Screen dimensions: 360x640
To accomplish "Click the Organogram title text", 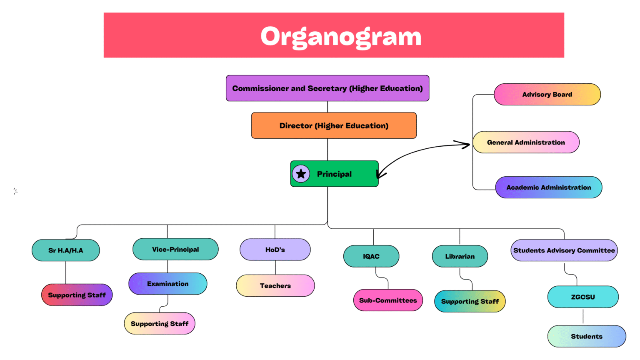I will (x=341, y=36).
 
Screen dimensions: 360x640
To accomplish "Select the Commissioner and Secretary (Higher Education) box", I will (x=327, y=88).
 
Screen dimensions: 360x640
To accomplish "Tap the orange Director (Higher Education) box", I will (x=334, y=125).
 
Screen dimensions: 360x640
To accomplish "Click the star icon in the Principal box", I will (x=301, y=174).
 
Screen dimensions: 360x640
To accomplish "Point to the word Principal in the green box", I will (x=334, y=174).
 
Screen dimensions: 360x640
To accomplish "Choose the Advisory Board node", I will (x=547, y=95).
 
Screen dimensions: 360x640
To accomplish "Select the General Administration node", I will (x=526, y=142).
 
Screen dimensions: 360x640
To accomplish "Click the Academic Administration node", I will (x=548, y=187).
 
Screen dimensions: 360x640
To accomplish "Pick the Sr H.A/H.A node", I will (x=66, y=250).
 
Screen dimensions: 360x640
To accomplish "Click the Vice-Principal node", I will (x=175, y=249).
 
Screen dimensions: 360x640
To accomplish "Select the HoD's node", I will (x=275, y=250).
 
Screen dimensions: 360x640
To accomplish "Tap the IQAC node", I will (x=371, y=256).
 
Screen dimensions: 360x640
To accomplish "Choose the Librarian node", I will (x=460, y=256).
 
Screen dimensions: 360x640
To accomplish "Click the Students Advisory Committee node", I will (x=564, y=250).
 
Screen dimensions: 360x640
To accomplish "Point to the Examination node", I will (x=167, y=284).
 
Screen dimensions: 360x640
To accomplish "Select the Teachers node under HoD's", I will (x=275, y=286).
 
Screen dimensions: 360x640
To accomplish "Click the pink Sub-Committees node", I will (x=388, y=300).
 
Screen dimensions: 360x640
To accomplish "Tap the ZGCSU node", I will (x=582, y=297).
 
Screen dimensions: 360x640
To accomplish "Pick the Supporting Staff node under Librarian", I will (x=470, y=301).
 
